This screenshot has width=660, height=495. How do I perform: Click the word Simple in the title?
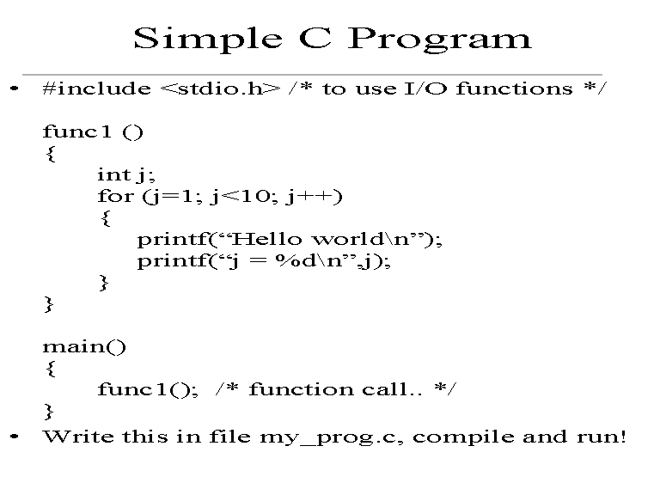[208, 40]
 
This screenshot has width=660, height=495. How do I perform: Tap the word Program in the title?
[439, 40]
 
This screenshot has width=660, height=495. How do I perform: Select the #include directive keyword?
[97, 89]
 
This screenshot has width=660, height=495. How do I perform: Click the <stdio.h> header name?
[220, 89]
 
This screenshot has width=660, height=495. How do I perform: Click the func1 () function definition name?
[93, 131]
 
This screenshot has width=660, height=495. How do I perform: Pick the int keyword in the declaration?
[113, 174]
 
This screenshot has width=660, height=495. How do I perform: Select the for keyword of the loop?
[116, 196]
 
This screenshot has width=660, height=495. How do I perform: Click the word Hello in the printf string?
[266, 239]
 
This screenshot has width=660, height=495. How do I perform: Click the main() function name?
[84, 347]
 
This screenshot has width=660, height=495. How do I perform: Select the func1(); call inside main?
[148, 389]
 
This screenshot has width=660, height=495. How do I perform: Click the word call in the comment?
[385, 389]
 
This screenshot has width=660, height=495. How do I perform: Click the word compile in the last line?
[463, 437]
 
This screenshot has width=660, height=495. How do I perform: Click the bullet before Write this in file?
[15, 437]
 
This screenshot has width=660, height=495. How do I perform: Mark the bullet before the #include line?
[15, 89]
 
